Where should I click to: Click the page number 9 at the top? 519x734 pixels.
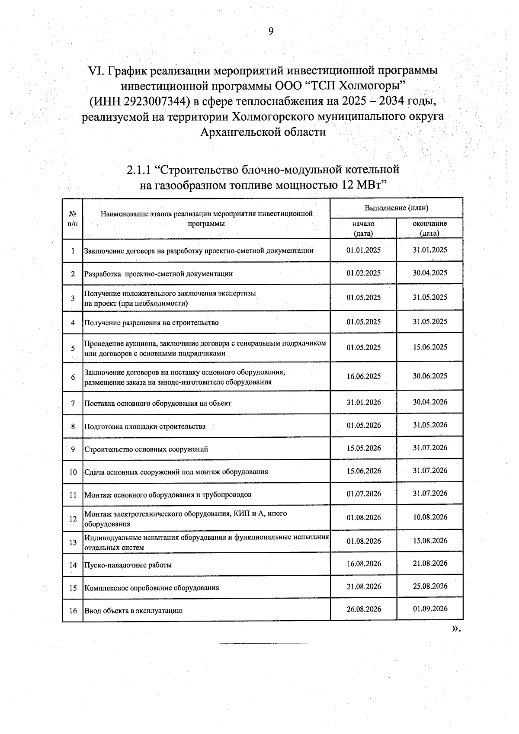(x=271, y=31)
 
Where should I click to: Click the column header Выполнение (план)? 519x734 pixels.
(x=396, y=208)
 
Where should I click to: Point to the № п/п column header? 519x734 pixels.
(x=73, y=219)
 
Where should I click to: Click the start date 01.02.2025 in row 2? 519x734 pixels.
(x=363, y=273)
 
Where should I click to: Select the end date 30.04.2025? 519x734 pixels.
(x=429, y=273)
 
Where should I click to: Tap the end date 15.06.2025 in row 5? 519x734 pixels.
(x=429, y=347)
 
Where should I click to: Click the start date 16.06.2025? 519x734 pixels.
(x=363, y=376)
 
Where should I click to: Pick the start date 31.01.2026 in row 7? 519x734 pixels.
(x=363, y=403)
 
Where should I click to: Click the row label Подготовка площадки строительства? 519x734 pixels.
(x=145, y=426)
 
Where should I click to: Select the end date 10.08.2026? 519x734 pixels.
(x=429, y=517)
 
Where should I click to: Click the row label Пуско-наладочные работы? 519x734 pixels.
(x=128, y=565)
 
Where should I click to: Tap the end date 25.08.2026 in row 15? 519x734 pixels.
(x=429, y=587)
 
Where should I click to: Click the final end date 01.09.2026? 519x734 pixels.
(x=429, y=609)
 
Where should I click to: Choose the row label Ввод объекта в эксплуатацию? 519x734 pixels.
(x=133, y=611)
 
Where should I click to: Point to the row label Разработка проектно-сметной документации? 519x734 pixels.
(x=158, y=274)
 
